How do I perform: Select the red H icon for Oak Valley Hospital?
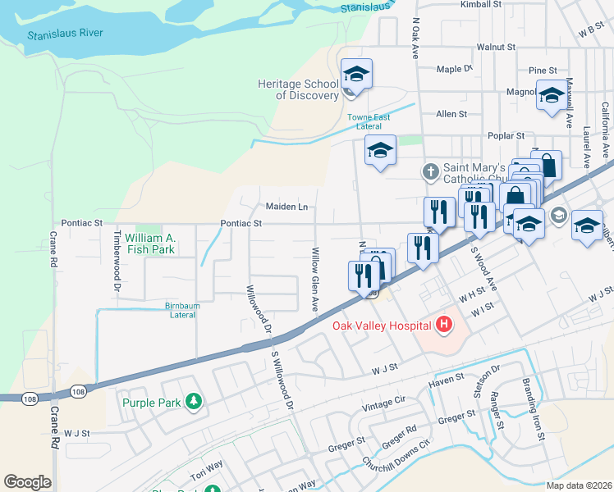(x=444, y=326)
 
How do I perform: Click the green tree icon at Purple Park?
(x=194, y=402)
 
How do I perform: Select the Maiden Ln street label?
(x=286, y=207)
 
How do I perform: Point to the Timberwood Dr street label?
(x=115, y=261)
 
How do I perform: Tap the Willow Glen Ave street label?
(x=314, y=280)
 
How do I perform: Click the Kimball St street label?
(x=481, y=5)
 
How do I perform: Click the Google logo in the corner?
(x=27, y=482)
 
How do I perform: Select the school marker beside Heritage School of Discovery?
(x=356, y=74)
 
